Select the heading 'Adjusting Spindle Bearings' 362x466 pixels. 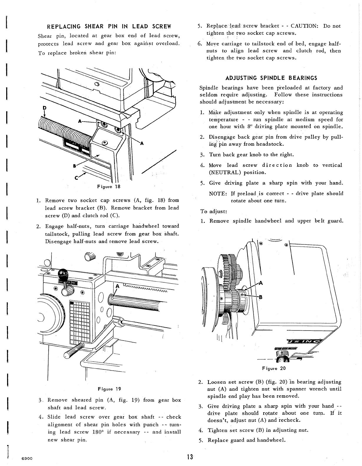tap(271, 78)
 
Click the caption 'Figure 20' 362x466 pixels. tap(274, 368)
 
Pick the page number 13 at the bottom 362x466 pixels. tap(189, 457)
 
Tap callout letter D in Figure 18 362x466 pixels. tap(44, 108)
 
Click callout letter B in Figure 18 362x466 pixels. tap(75, 166)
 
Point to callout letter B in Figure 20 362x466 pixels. tap(260, 297)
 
